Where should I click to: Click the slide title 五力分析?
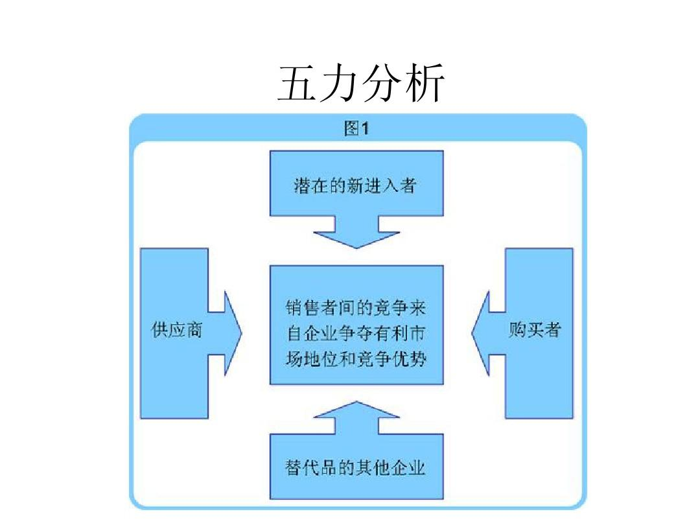coord(360,84)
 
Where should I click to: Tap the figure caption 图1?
coord(356,129)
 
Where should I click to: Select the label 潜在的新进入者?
coord(356,187)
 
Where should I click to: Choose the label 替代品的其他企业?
coord(356,467)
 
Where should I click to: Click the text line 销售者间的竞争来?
coord(356,306)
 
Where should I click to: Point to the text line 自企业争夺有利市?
coord(356,332)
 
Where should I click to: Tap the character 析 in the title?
coord(424,84)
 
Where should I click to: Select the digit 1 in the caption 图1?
coord(365,129)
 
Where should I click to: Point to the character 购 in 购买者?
coord(517,330)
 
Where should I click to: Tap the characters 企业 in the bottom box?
coord(409,467)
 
